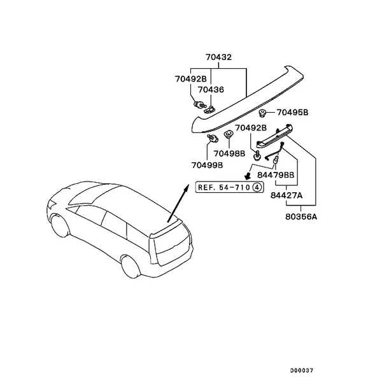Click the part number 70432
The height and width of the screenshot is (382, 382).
coord(218,57)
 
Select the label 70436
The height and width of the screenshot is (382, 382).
coord(211,90)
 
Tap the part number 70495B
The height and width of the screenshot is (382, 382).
coord(292,113)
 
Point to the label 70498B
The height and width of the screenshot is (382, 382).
coord(229,153)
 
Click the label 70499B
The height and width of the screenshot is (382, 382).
coord(207,166)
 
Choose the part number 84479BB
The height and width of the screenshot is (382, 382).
coord(276,175)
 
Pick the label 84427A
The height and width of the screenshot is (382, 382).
coord(286,195)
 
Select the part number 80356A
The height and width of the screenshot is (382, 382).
coord(301,216)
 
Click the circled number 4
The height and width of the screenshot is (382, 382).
coord(257,187)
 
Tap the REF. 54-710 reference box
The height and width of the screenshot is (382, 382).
coord(229,187)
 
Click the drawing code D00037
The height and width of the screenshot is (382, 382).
coord(301,371)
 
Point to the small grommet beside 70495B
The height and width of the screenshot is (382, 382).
coord(262,113)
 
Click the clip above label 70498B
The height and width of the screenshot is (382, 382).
coord(229,134)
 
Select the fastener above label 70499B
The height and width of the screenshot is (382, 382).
coord(213,138)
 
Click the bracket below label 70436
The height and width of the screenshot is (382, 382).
coord(209,110)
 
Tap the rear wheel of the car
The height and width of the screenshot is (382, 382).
coord(131,266)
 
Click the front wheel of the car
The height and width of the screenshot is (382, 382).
coord(60,225)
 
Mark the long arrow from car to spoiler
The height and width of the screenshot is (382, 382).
coord(178,203)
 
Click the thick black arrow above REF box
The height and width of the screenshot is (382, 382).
coord(248,176)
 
